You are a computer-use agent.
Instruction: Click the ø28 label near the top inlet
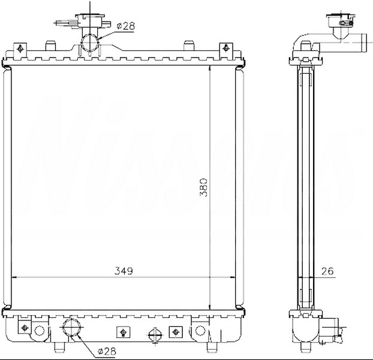pos(125,26)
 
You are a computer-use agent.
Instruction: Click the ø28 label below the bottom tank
pos(107,351)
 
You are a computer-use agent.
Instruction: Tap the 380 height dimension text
pos(204,187)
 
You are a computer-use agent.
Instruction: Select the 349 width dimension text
pos(124,271)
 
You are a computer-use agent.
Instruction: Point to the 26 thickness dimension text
pos(327,271)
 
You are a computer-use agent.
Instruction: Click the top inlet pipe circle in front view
pos(90,43)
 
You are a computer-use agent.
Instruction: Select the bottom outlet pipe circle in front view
pos(71,327)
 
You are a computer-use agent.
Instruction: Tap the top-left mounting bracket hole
pos(20,49)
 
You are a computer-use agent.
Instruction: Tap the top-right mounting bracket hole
pos(226,49)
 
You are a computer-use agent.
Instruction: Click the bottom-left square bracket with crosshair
pos(25,328)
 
